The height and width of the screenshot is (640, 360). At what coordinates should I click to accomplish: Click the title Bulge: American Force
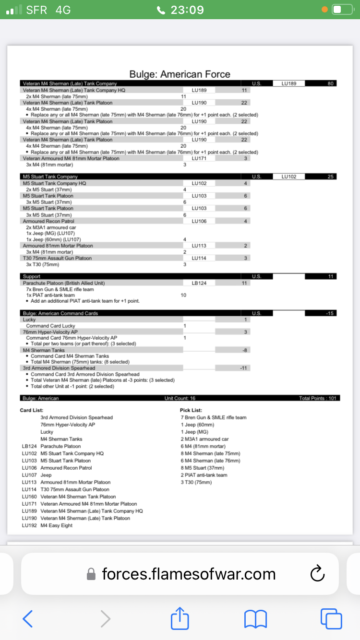click(180, 74)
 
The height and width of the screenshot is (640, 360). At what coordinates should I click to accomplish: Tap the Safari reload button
click(318, 574)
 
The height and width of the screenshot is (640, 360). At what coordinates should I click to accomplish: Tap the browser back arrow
click(28, 618)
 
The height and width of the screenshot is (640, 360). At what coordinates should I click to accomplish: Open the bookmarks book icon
click(255, 618)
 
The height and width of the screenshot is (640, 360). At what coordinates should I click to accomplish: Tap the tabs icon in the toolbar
click(331, 618)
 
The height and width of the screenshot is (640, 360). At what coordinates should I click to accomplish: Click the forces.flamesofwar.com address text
click(189, 574)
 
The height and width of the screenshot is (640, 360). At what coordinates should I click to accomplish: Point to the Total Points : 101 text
click(317, 399)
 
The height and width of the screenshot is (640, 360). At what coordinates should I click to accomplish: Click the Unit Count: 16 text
click(180, 399)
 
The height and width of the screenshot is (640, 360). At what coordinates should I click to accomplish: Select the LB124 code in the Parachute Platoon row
click(199, 283)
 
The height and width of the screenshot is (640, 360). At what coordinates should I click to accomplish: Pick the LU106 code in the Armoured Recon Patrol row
click(199, 221)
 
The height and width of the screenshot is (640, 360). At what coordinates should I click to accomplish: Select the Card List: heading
click(32, 410)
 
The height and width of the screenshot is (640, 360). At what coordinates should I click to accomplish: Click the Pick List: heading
click(191, 410)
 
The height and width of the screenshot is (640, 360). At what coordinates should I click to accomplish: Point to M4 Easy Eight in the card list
click(57, 525)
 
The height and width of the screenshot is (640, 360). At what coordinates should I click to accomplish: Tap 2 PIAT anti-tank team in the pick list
click(204, 475)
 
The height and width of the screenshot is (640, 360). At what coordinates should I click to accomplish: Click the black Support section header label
click(32, 277)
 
